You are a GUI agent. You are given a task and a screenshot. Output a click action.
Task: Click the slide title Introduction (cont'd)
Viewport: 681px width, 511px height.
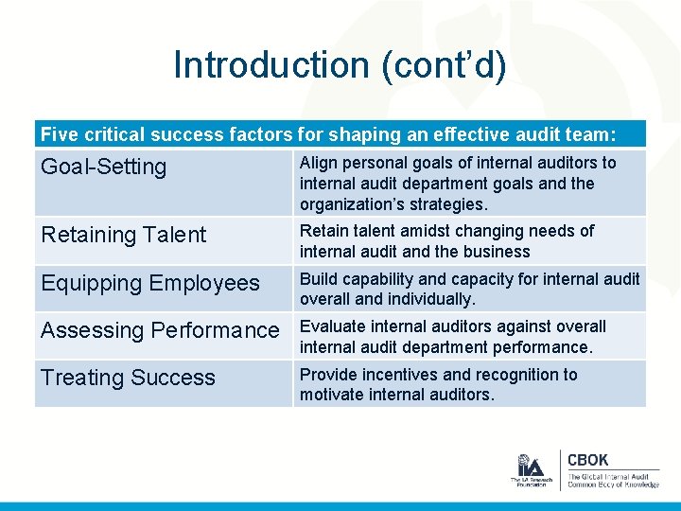point(340,65)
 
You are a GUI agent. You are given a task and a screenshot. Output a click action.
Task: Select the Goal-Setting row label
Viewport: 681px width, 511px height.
point(103,167)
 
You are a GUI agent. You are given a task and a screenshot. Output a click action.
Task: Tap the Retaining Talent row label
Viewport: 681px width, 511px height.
point(123,235)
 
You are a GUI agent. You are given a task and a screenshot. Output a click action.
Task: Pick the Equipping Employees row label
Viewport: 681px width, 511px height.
point(149,283)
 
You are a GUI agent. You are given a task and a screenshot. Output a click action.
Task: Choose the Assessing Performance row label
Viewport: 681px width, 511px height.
point(160,330)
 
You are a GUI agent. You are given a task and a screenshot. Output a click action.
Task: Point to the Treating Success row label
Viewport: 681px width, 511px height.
point(128,378)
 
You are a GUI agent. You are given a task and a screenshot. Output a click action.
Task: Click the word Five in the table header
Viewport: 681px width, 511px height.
point(60,135)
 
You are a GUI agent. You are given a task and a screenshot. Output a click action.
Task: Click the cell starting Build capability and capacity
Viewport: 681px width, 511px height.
point(469,289)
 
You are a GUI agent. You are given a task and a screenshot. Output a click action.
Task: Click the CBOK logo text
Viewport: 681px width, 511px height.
point(588,461)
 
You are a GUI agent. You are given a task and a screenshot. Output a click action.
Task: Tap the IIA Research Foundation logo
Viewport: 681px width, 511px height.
point(530,470)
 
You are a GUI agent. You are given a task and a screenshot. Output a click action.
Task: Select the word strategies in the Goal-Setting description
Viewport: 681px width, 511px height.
point(450,204)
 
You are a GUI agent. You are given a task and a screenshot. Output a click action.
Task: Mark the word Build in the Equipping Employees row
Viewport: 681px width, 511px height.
point(317,279)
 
